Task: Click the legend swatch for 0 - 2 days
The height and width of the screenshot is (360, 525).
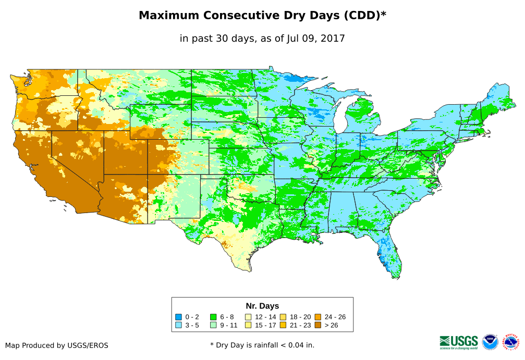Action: pos(179,317)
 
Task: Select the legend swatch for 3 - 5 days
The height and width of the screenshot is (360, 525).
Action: pos(179,325)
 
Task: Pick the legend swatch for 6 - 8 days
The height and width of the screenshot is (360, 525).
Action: pos(213,317)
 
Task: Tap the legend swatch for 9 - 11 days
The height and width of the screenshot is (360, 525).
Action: pos(213,325)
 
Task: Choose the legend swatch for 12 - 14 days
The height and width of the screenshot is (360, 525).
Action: pos(249,317)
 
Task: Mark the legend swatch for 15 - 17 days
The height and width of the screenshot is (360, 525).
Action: pos(249,325)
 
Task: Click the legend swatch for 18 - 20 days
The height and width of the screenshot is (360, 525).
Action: pos(283,317)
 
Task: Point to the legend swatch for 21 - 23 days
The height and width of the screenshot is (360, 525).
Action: pos(283,325)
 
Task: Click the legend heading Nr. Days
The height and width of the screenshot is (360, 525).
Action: pos(262,306)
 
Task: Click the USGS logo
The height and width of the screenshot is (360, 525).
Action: pos(459,342)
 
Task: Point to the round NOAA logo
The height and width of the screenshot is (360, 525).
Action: pos(490,342)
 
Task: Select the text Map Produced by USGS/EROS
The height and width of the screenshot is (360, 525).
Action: pos(57,345)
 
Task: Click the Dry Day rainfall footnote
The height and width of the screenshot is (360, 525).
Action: pos(262,345)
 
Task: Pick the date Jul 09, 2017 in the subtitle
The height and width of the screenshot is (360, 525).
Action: pos(315,38)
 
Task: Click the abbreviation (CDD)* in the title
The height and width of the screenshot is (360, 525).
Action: pos(365,16)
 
